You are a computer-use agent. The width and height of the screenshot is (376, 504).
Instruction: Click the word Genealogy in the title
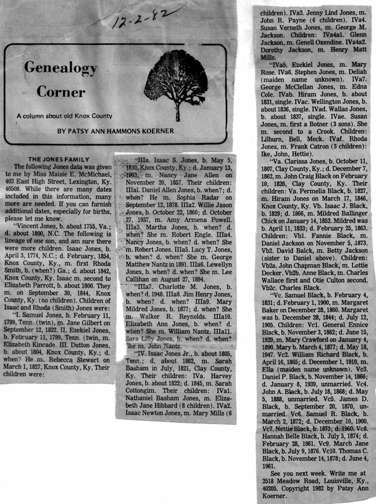click(x=61, y=68)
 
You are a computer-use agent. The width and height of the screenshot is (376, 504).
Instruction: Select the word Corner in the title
click(x=61, y=92)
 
